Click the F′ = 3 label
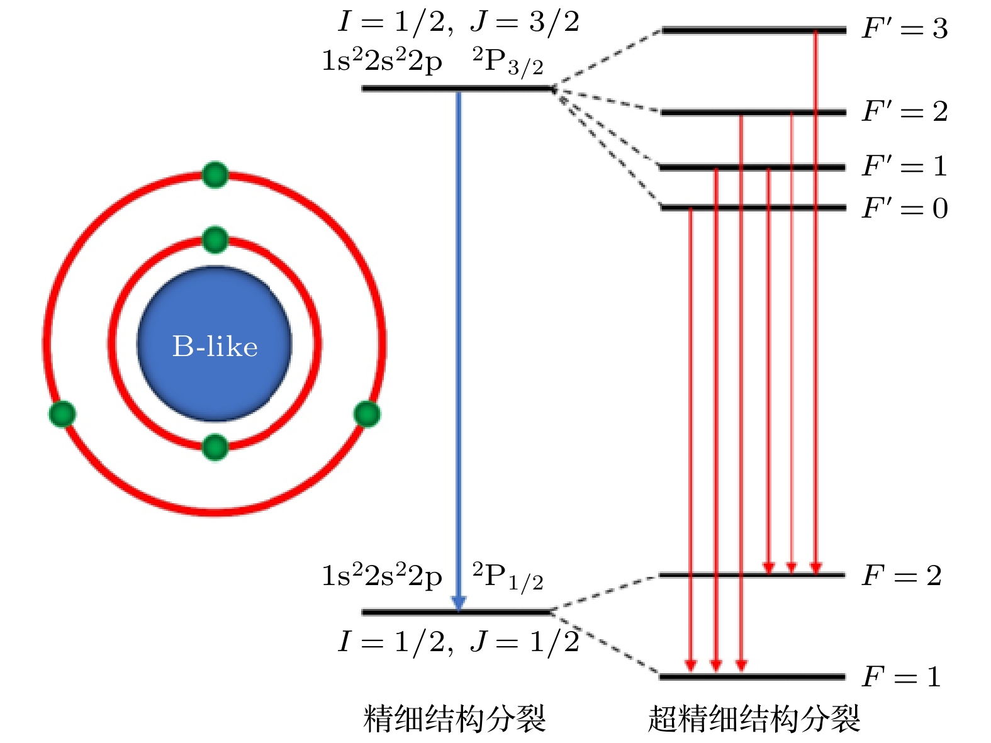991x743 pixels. pos(905,29)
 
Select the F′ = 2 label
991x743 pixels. pos(905,112)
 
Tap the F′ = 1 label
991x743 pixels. pos(905,167)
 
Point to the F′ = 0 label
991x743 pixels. pos(905,208)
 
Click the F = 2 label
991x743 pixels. pos(901,576)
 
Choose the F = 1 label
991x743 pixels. pos(901,678)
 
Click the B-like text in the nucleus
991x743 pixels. pos(215,347)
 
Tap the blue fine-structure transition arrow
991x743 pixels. pos(459,346)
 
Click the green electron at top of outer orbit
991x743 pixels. pos(215,175)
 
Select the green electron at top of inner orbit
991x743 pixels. pos(215,240)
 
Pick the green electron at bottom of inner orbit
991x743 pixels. pos(215,447)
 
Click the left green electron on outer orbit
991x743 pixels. pos(62,414)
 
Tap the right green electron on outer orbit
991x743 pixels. pos(367,414)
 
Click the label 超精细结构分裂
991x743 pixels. pos(754,718)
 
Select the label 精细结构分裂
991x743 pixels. pos(454,718)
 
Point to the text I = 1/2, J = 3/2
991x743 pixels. pos(458,23)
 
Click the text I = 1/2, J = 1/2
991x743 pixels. pos(458,642)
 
